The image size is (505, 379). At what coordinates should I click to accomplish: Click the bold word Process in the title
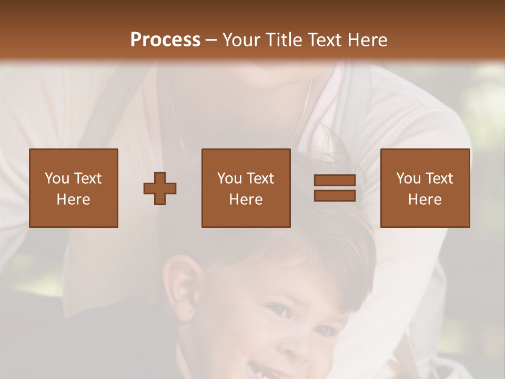165,39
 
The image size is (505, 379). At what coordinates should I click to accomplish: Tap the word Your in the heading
243,39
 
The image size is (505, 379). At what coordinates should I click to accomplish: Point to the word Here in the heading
368,39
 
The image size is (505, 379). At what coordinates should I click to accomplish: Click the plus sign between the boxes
160,188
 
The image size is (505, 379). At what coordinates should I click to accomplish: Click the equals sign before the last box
335,188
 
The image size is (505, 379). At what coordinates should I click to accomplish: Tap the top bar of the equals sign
335,181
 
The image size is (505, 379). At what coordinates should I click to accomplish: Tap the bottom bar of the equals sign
335,195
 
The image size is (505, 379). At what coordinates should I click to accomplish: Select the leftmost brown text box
74,188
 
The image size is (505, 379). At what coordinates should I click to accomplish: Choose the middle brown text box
246,188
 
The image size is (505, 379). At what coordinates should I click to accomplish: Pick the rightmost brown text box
425,188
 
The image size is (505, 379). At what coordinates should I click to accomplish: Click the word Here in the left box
74,200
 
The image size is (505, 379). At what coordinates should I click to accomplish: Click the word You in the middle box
229,178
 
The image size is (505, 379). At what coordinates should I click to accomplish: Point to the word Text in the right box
440,178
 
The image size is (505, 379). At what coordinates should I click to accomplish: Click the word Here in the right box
425,200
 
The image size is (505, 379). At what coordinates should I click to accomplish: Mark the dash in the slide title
211,40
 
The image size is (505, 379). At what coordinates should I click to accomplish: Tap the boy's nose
302,342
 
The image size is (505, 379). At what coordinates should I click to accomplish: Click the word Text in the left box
88,178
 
